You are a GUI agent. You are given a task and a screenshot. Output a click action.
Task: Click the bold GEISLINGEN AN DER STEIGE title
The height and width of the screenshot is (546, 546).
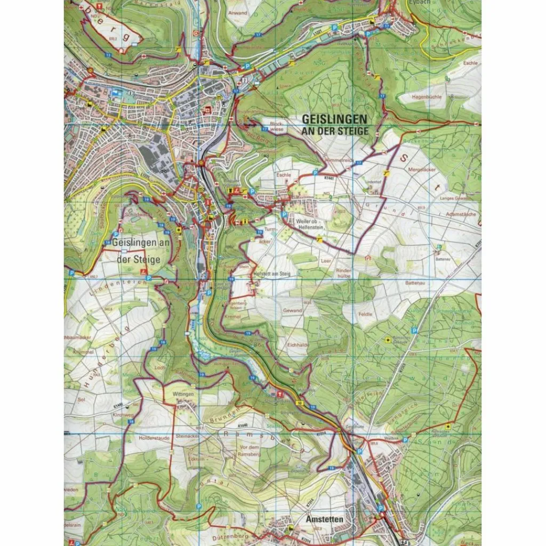(334, 124)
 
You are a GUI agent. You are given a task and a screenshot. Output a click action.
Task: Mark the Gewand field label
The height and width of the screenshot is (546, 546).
(293, 310)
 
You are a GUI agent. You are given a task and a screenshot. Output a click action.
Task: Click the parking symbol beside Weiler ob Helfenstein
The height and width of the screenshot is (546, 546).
(284, 215)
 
